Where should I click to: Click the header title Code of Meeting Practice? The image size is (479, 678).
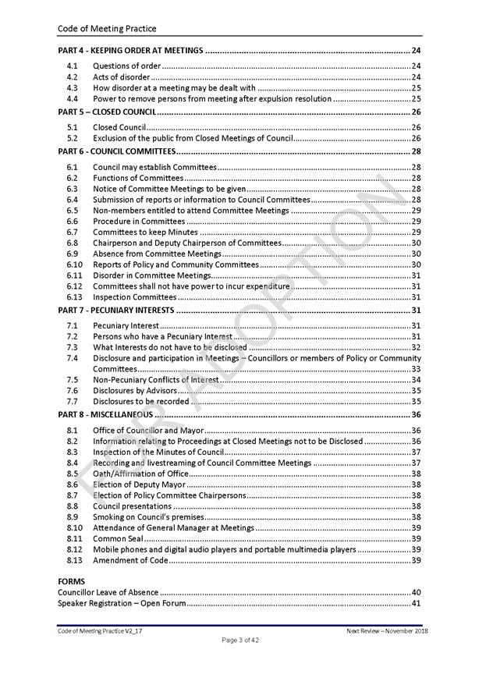click(x=107, y=29)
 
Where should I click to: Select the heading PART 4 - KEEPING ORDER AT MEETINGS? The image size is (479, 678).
click(x=131, y=51)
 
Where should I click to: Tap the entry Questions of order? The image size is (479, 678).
click(x=126, y=66)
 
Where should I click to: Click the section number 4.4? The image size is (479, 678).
click(x=72, y=98)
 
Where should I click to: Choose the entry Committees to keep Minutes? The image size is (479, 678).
click(x=145, y=232)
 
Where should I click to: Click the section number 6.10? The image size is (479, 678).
click(x=73, y=264)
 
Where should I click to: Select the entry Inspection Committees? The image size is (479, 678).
click(x=134, y=297)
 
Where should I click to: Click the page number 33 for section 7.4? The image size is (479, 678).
click(x=416, y=369)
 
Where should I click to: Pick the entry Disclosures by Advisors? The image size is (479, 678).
click(x=135, y=390)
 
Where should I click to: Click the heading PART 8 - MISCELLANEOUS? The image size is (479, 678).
click(x=105, y=414)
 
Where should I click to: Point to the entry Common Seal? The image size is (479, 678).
click(x=117, y=538)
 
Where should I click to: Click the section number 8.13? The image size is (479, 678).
click(x=73, y=560)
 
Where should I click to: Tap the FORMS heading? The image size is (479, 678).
click(x=72, y=581)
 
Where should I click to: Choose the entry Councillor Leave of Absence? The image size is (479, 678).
click(x=108, y=592)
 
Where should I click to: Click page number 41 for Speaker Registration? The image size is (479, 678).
click(x=416, y=603)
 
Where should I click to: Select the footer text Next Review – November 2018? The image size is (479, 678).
click(x=387, y=630)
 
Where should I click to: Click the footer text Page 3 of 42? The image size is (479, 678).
click(x=239, y=640)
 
